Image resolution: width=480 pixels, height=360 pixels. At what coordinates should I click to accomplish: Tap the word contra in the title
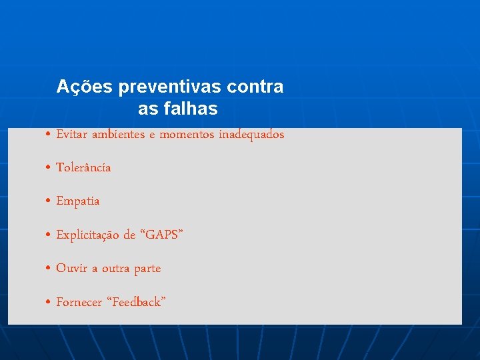click(255, 87)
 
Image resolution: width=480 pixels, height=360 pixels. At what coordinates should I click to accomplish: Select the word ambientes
click(117, 135)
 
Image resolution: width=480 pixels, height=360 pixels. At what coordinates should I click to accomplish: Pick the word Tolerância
click(83, 168)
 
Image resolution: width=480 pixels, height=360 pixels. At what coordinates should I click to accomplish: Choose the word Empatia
click(77, 201)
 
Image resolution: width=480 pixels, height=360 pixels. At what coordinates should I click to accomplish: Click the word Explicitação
click(87, 235)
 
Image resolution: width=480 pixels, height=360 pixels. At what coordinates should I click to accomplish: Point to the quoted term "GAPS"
click(160, 235)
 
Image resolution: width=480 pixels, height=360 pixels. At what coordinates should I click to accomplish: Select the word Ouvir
click(71, 269)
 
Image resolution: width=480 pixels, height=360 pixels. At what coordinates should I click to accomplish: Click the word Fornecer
click(79, 303)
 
